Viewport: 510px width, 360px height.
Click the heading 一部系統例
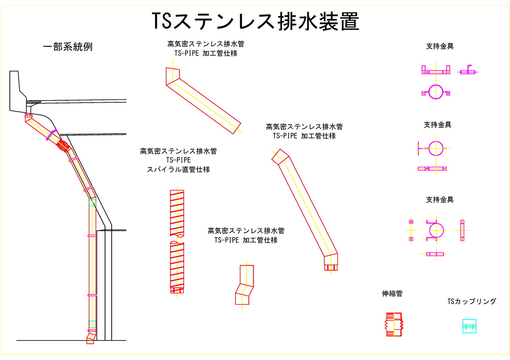[68, 47]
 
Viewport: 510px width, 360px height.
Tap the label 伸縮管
[392, 294]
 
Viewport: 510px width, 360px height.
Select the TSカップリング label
[472, 302]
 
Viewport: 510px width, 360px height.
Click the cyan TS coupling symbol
[469, 326]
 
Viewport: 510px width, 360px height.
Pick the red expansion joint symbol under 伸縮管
[394, 325]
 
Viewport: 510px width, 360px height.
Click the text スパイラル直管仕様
[178, 169]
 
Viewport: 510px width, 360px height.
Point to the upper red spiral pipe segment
[177, 213]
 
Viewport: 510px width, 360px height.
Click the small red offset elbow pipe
[244, 285]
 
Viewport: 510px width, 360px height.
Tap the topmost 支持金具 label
[439, 47]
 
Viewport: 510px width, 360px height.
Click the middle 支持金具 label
[437, 125]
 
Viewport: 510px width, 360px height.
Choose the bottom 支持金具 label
[439, 200]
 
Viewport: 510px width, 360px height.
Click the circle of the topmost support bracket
[435, 92]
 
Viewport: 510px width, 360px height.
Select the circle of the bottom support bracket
[436, 230]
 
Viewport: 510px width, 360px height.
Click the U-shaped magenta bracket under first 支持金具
[435, 70]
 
